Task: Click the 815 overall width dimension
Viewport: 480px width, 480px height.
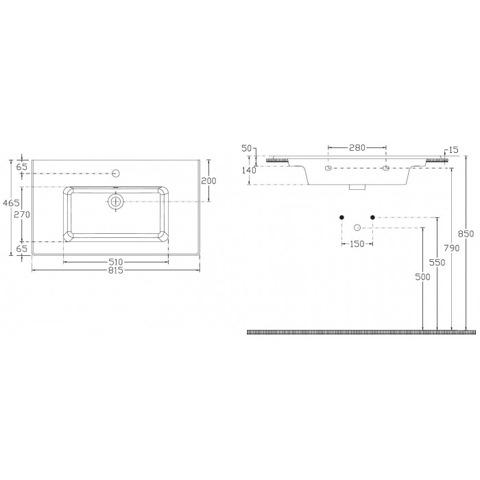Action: [x=116, y=271]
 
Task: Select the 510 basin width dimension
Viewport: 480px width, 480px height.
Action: [x=116, y=262]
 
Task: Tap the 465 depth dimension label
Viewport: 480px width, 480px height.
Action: [x=11, y=203]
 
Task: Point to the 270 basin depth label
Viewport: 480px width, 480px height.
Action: [x=23, y=215]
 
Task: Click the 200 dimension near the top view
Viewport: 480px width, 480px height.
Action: [x=208, y=181]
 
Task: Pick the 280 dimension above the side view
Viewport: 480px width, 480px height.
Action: [x=357, y=148]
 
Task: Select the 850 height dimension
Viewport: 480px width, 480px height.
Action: [x=466, y=234]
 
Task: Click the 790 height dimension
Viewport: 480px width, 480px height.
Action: [x=452, y=248]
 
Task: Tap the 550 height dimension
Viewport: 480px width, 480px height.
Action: [x=437, y=263]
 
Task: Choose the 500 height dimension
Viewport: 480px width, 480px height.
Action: [x=423, y=277]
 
